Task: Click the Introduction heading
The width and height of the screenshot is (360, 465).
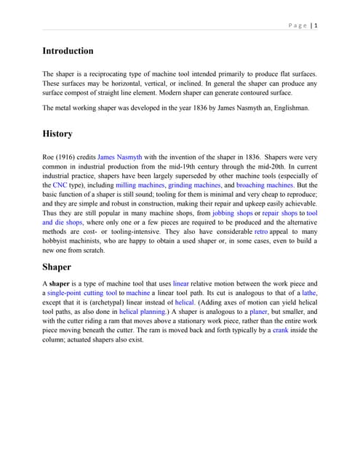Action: [68, 51]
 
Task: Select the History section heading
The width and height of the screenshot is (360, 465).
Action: [57, 134]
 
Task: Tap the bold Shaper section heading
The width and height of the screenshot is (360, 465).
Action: [56, 267]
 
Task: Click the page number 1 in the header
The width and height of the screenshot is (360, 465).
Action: [316, 25]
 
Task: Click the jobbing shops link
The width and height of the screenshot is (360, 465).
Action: [233, 214]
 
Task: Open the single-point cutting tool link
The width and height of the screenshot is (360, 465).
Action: [81, 292]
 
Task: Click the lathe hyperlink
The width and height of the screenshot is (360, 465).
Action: [309, 292]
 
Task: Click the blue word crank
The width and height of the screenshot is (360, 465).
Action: [281, 330]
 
